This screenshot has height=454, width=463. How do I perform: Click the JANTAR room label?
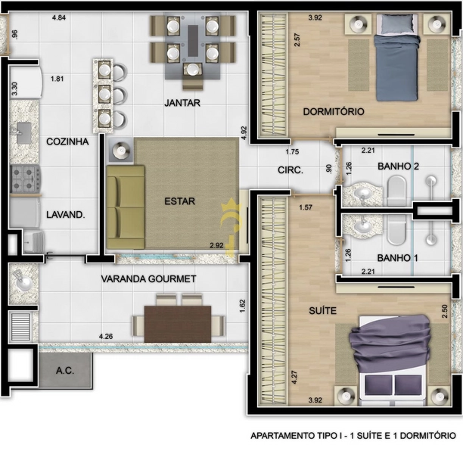[182, 103]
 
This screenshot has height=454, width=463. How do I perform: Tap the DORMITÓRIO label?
[334, 112]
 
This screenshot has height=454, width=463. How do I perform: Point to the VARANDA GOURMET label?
[148, 279]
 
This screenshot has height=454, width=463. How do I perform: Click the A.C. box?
[64, 371]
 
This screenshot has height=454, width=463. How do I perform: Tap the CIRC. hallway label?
[291, 171]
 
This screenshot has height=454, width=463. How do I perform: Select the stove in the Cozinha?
[25, 179]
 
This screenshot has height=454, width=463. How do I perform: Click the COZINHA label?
[67, 141]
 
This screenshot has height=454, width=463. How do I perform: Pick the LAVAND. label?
[65, 215]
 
